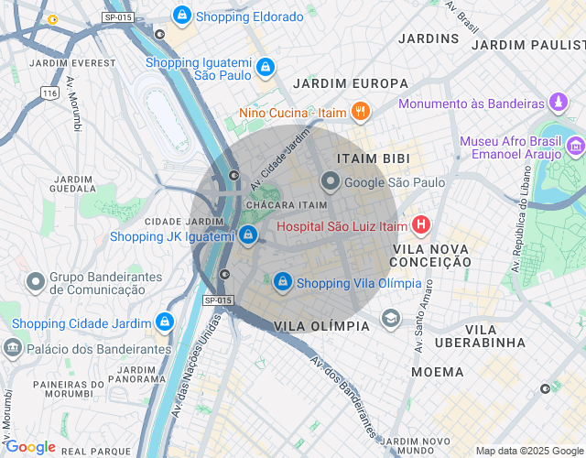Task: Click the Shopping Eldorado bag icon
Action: coord(182,16)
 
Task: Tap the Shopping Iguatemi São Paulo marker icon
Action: coord(265,67)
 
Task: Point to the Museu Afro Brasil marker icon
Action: coord(575,145)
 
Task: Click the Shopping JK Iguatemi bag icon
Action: coord(248,235)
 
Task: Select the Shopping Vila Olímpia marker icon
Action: coord(283,281)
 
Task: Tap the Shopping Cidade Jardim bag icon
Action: coord(164,322)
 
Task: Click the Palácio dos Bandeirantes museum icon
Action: coord(13,347)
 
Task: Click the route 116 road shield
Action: coord(49,93)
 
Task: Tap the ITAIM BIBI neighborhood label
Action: coord(374,158)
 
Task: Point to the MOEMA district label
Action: coord(437,372)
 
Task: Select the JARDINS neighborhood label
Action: coord(429,38)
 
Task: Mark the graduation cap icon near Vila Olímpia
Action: coord(391,318)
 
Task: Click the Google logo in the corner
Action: coord(30,447)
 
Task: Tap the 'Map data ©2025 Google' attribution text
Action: coord(528,451)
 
